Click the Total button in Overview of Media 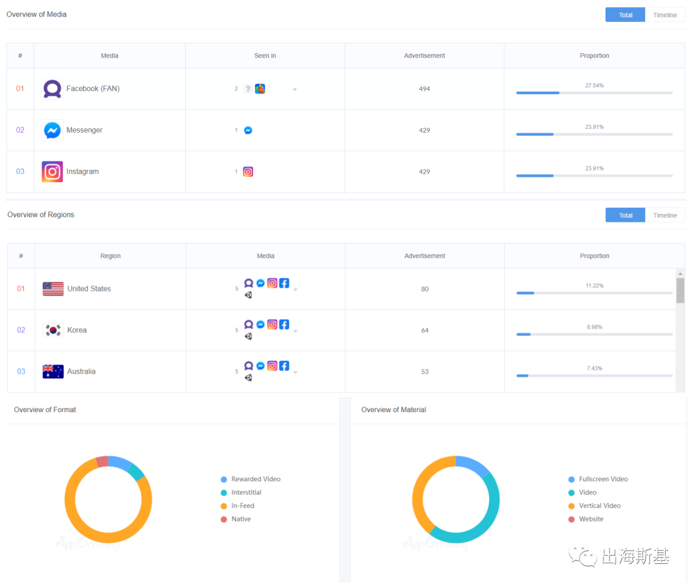[625, 15]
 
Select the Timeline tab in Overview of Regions [664, 215]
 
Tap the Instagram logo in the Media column [53, 172]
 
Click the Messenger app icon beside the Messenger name [53, 130]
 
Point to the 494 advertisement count [424, 89]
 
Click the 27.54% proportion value [594, 85]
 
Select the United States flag [53, 289]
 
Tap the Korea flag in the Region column [53, 330]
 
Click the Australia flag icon [53, 372]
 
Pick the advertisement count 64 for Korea [424, 331]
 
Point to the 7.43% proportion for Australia [594, 368]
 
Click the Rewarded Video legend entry [255, 479]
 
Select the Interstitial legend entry [245, 493]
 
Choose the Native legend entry [240, 519]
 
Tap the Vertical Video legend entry [599, 506]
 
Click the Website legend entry [591, 519]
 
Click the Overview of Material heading [393, 409]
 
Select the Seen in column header [265, 56]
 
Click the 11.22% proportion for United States [594, 286]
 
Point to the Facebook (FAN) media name [93, 89]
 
